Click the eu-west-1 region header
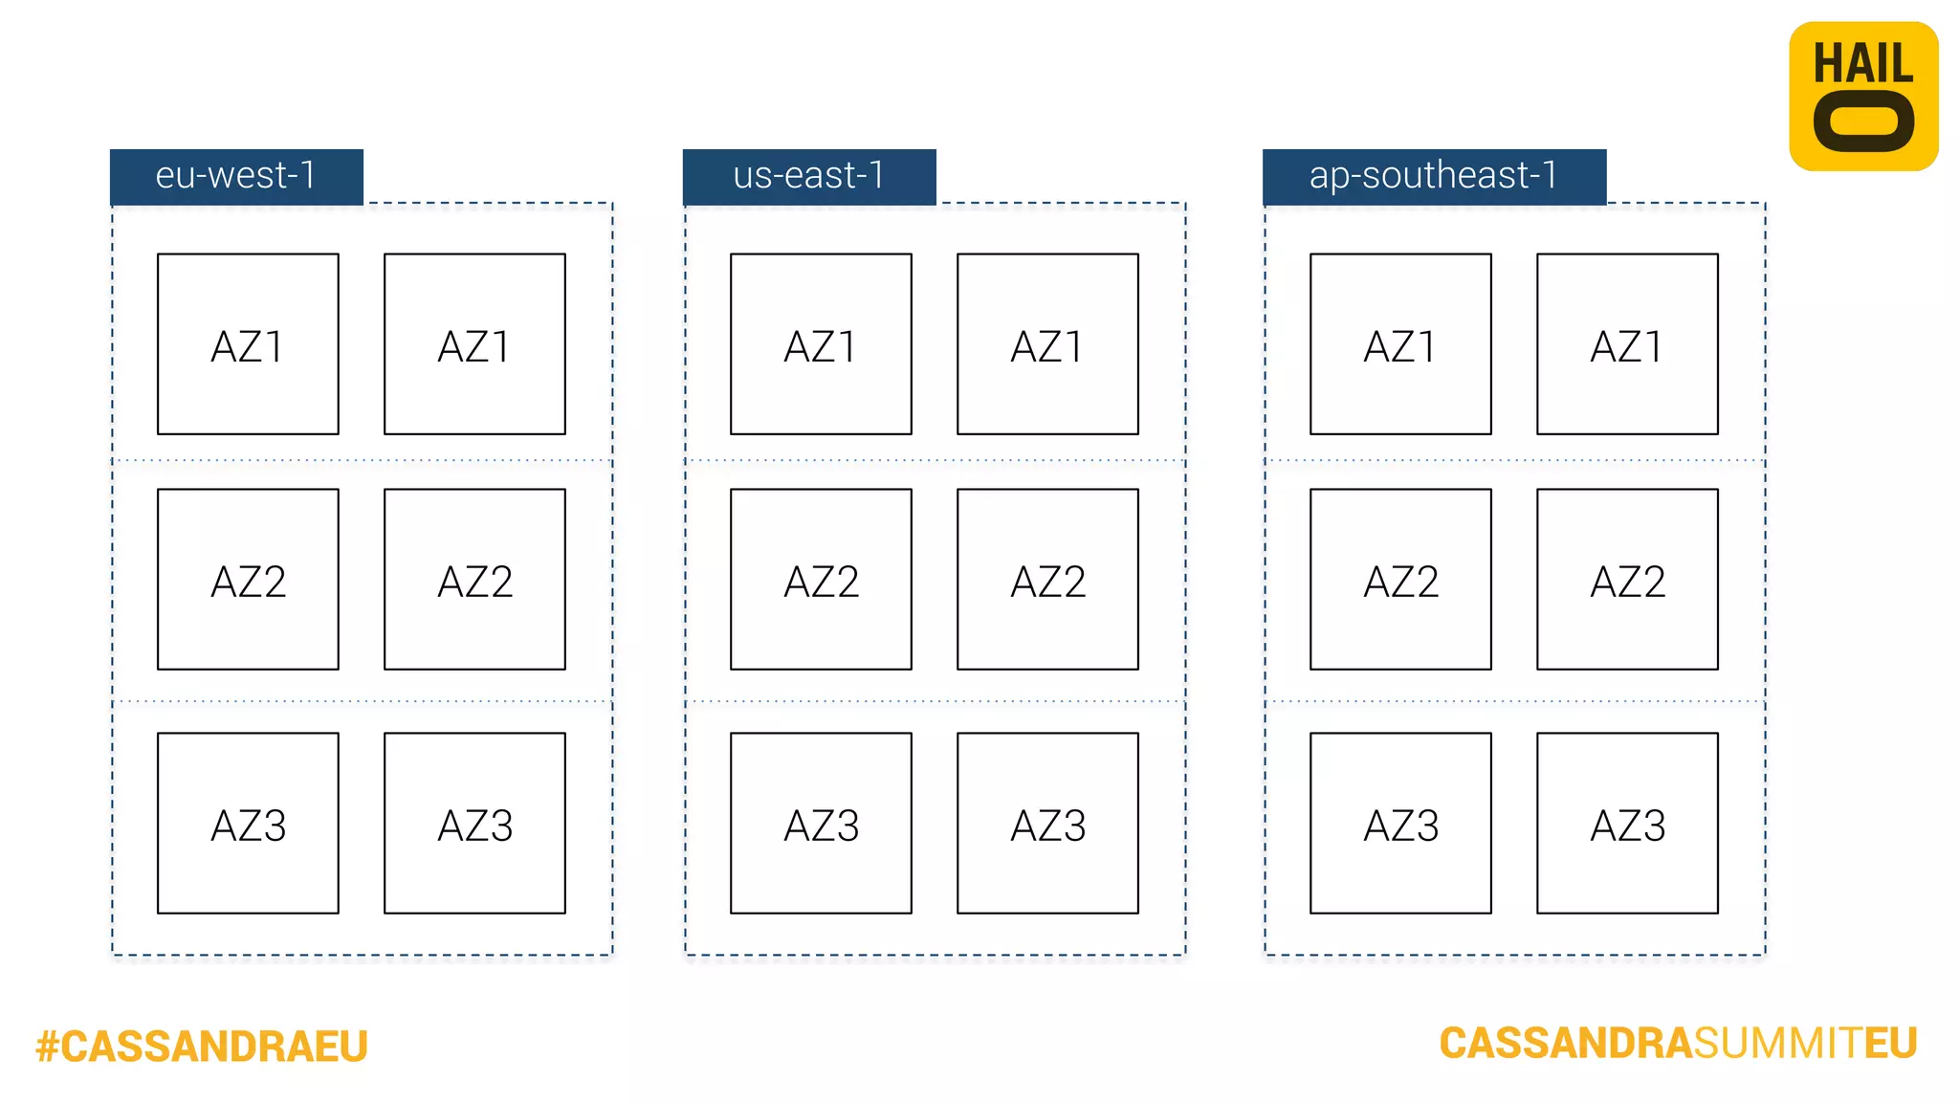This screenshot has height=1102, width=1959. point(236,176)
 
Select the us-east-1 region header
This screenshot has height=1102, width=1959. point(809,176)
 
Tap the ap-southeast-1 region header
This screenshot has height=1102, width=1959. point(1434,176)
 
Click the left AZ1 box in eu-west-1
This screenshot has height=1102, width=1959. point(248,344)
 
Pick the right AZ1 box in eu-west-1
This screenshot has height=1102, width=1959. point(474,344)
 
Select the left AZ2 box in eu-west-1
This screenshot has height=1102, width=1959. point(248,580)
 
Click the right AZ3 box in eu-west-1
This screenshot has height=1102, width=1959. point(474,824)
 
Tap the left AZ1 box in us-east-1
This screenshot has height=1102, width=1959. point(821,344)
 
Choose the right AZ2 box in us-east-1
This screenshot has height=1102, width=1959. point(1047,580)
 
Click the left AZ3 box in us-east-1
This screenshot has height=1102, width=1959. point(821,824)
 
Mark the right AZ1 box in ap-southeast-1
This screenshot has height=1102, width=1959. point(1627,344)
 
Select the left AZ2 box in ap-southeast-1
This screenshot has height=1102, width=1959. point(1400,580)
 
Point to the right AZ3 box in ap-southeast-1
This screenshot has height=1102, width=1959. point(1627,824)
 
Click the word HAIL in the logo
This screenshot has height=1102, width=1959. point(1863,64)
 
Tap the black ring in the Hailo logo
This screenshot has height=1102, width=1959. point(1863,122)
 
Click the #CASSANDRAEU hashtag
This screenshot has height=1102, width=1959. point(202,1047)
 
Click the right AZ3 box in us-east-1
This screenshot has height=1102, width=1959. point(1047,824)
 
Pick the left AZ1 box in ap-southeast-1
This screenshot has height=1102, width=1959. point(1400,344)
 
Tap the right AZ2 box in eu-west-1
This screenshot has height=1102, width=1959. point(474,580)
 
